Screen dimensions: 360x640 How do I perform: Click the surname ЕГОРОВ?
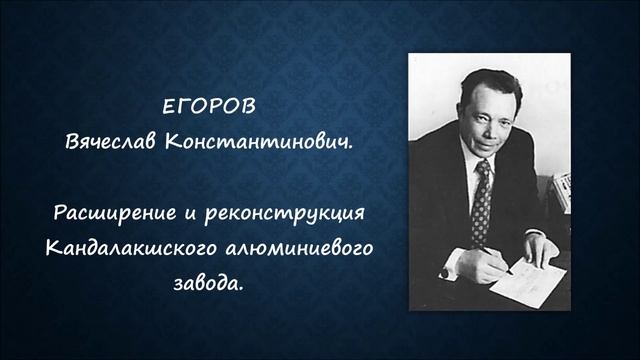pos(204,107)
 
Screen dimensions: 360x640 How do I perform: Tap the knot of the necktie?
pos(482,170)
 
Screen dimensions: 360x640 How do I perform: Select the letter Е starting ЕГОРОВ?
pos(168,107)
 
